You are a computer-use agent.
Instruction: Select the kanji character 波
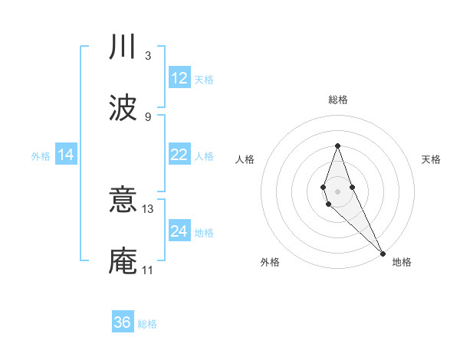pyautogui.click(x=123, y=107)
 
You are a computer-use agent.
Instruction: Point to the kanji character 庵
pyautogui.click(x=123, y=260)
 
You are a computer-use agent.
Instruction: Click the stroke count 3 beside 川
pyautogui.click(x=148, y=55)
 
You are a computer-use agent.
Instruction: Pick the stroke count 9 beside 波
pyautogui.click(x=148, y=116)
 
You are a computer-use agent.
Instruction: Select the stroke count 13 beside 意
pyautogui.click(x=149, y=208)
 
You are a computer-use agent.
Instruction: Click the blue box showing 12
pyautogui.click(x=179, y=78)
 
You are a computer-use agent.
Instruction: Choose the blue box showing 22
pyautogui.click(x=179, y=155)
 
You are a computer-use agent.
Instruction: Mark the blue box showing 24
pyautogui.click(x=179, y=231)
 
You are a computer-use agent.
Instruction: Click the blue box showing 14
pyautogui.click(x=66, y=155)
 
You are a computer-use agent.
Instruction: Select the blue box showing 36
pyautogui.click(x=123, y=322)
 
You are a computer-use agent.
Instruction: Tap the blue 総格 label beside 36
pyautogui.click(x=147, y=324)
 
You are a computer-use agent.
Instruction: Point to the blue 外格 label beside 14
pyautogui.click(x=41, y=156)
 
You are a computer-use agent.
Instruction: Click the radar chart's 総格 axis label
pyautogui.click(x=338, y=100)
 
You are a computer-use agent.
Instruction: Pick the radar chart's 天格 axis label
pyautogui.click(x=431, y=159)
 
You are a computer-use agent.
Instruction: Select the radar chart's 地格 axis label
pyautogui.click(x=402, y=262)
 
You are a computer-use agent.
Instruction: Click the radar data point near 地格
pyautogui.click(x=383, y=252)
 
